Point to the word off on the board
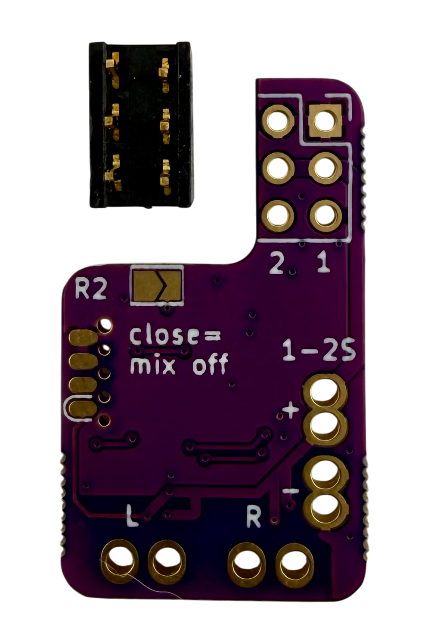(x=209, y=364)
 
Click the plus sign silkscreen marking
(x=291, y=412)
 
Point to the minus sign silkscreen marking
(x=290, y=490)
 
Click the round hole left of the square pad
(x=279, y=121)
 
